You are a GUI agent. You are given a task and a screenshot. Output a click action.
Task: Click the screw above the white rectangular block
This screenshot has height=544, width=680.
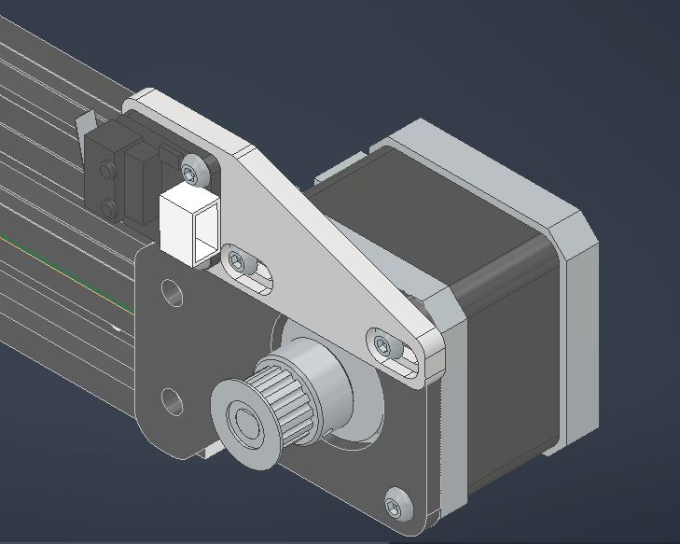point(194,171)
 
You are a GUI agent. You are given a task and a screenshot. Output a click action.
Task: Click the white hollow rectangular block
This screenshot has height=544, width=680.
point(190,224)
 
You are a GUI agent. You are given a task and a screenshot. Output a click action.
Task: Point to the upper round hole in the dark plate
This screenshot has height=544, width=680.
point(172,292)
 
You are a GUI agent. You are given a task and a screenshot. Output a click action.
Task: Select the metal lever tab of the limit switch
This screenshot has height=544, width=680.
point(85,122)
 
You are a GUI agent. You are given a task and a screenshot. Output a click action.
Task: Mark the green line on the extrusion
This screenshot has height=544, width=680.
point(56,266)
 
